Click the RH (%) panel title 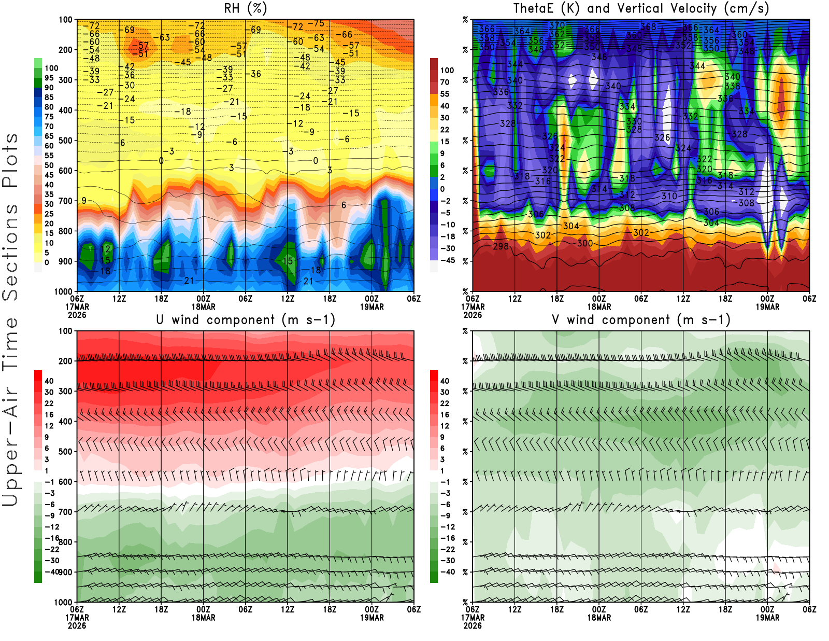point(245,8)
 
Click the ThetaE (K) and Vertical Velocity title point(641,8)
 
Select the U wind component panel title point(245,319)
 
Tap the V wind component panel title point(641,319)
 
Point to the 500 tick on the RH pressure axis point(66,141)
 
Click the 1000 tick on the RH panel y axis point(63,291)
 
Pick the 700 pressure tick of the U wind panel point(66,512)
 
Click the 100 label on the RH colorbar point(51,68)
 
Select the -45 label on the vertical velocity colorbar point(447,260)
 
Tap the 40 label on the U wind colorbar point(49,381)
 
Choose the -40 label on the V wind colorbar point(447,572)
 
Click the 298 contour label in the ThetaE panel point(501,246)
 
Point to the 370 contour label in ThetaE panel point(557,25)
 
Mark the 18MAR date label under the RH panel point(203,306)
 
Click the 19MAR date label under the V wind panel point(767,618)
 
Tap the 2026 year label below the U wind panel point(77,625)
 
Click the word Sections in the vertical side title point(10,252)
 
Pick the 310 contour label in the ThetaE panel point(669,196)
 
